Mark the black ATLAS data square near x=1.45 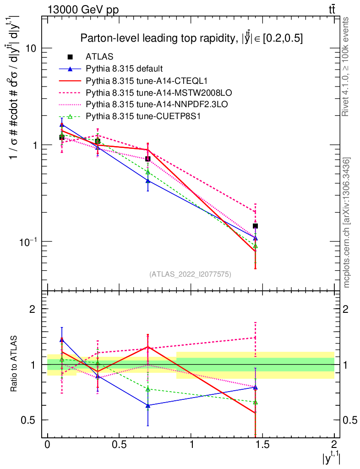click(255, 226)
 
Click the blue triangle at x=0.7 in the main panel click(147, 181)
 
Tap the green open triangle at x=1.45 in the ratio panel click(255, 402)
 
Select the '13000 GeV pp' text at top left click(83, 10)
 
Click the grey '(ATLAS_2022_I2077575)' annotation click(190, 274)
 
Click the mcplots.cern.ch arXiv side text click(346, 222)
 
